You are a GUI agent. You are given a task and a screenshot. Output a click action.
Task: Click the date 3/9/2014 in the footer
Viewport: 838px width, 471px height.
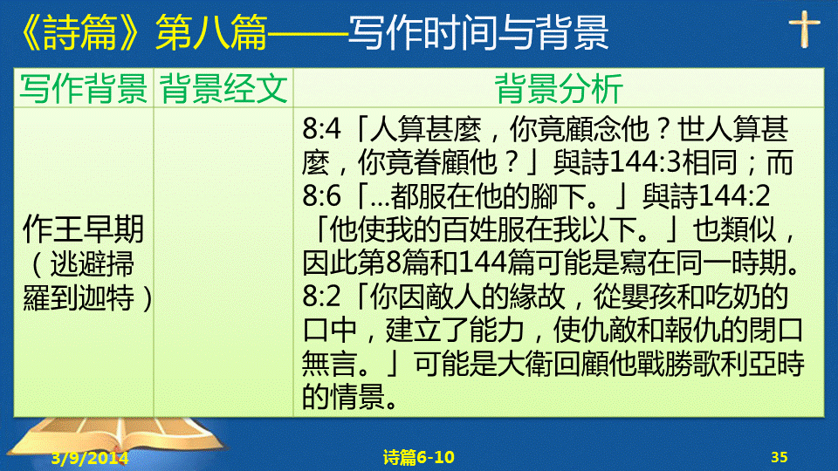(x=90, y=458)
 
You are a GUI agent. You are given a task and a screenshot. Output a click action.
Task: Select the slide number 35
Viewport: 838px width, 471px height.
(x=780, y=457)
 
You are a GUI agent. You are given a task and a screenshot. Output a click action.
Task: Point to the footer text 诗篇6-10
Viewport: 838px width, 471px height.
(x=418, y=457)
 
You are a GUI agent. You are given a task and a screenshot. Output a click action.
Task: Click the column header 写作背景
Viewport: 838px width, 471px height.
(x=84, y=88)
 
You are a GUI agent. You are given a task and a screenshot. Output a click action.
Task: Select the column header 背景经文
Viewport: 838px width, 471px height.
(x=223, y=88)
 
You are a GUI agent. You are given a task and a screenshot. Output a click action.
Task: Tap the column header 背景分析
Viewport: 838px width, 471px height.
(x=559, y=88)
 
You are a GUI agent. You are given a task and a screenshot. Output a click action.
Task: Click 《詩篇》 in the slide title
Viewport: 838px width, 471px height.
(x=80, y=32)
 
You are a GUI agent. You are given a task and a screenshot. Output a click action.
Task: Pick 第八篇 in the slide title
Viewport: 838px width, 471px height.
(x=211, y=32)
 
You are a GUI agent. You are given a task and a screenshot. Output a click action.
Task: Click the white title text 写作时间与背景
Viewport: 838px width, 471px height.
(x=478, y=32)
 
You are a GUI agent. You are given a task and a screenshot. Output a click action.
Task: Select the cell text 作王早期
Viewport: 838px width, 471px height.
(x=84, y=229)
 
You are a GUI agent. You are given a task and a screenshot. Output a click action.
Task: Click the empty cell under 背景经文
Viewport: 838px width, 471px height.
(x=223, y=262)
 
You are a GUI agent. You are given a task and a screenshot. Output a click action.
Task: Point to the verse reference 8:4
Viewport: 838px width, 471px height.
(x=321, y=129)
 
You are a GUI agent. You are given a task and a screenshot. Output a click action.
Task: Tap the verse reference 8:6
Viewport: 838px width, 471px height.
(x=321, y=196)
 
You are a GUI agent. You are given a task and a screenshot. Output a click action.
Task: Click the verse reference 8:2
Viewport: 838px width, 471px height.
(x=321, y=297)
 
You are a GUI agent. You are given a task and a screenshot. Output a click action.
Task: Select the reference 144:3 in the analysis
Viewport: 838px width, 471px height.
(x=646, y=162)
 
